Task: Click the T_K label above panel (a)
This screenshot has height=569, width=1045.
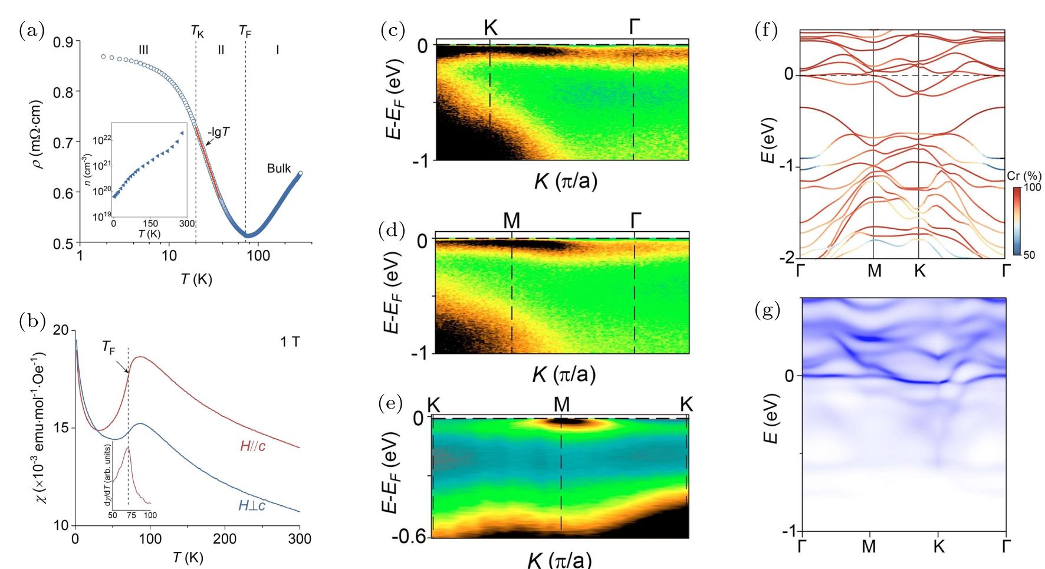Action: tap(197, 31)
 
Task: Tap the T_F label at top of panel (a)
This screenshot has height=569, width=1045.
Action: tap(245, 31)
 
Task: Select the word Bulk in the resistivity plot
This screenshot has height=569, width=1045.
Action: tap(278, 169)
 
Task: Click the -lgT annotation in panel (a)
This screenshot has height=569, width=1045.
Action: tap(218, 132)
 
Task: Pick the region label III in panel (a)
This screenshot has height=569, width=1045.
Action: tap(143, 50)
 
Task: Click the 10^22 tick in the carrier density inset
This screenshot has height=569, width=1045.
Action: tap(102, 140)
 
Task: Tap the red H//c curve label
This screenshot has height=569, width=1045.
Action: tap(252, 446)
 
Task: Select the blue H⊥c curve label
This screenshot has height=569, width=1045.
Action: tap(252, 505)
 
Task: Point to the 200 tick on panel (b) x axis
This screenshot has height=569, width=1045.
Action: tap(224, 539)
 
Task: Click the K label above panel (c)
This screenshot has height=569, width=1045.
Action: tap(491, 27)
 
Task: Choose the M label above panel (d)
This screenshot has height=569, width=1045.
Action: tap(511, 221)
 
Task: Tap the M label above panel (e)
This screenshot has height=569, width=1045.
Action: tap(561, 404)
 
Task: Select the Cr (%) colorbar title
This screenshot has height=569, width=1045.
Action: tap(1024, 176)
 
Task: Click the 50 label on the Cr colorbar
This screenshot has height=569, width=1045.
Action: tap(1029, 255)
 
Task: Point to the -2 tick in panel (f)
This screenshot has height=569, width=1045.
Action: tap(786, 258)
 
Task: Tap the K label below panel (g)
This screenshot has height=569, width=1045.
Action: tap(939, 547)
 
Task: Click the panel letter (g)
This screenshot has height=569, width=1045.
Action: tap(767, 310)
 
